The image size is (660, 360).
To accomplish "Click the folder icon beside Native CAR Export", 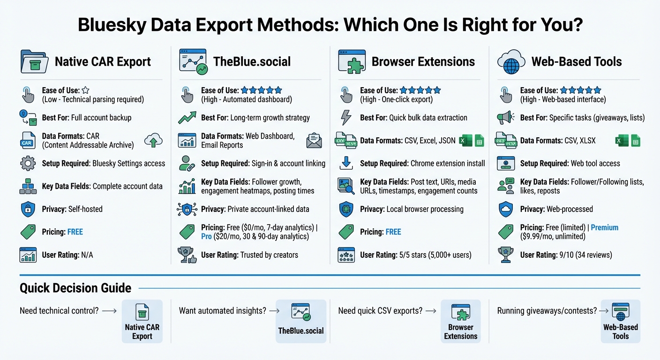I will (34, 62).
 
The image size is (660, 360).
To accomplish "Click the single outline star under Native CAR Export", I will (86, 90).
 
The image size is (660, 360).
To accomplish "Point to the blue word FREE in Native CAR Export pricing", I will (75, 232).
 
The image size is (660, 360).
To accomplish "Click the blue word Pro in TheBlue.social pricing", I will (206, 236).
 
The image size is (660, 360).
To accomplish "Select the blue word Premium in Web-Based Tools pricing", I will (604, 227).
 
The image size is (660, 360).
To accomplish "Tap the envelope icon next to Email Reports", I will (314, 141).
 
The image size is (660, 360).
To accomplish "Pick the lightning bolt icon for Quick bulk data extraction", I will (346, 118).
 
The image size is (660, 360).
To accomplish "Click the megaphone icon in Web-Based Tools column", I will (506, 118).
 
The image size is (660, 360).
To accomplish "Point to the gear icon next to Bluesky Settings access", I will (28, 164).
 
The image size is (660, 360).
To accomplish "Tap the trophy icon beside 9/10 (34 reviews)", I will (506, 255).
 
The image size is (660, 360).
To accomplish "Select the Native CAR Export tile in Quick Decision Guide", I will (142, 322).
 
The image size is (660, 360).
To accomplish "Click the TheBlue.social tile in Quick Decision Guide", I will (300, 322).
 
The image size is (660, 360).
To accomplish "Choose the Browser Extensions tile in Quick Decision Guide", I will (460, 322).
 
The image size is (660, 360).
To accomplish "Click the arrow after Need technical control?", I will (109, 310).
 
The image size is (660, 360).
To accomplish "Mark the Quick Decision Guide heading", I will (75, 288).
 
